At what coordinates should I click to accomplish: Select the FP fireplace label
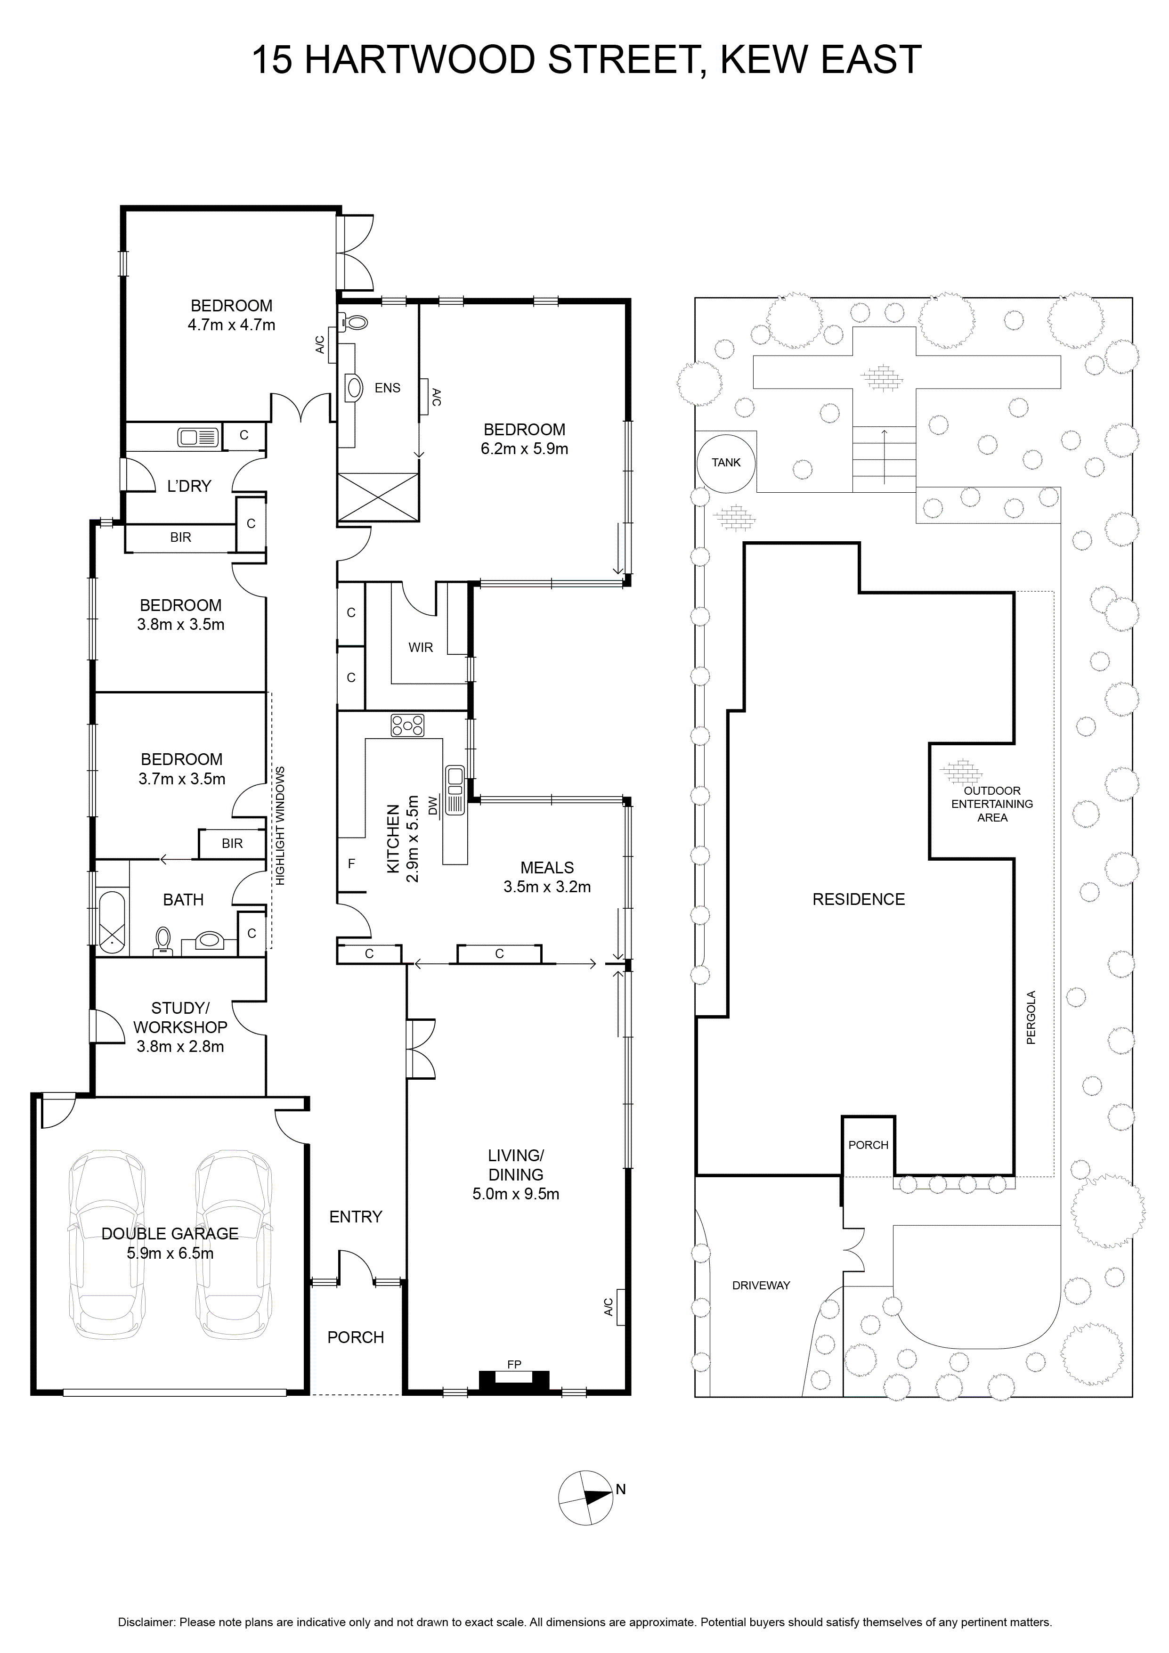514,1364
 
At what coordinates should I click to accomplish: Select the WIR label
421,647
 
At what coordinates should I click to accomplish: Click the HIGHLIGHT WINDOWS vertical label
280,826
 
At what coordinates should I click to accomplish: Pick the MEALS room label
547,868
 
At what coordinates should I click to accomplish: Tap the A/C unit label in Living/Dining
608,1307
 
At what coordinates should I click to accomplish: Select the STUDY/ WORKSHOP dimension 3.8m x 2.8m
181,1047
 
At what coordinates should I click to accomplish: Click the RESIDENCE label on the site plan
859,899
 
